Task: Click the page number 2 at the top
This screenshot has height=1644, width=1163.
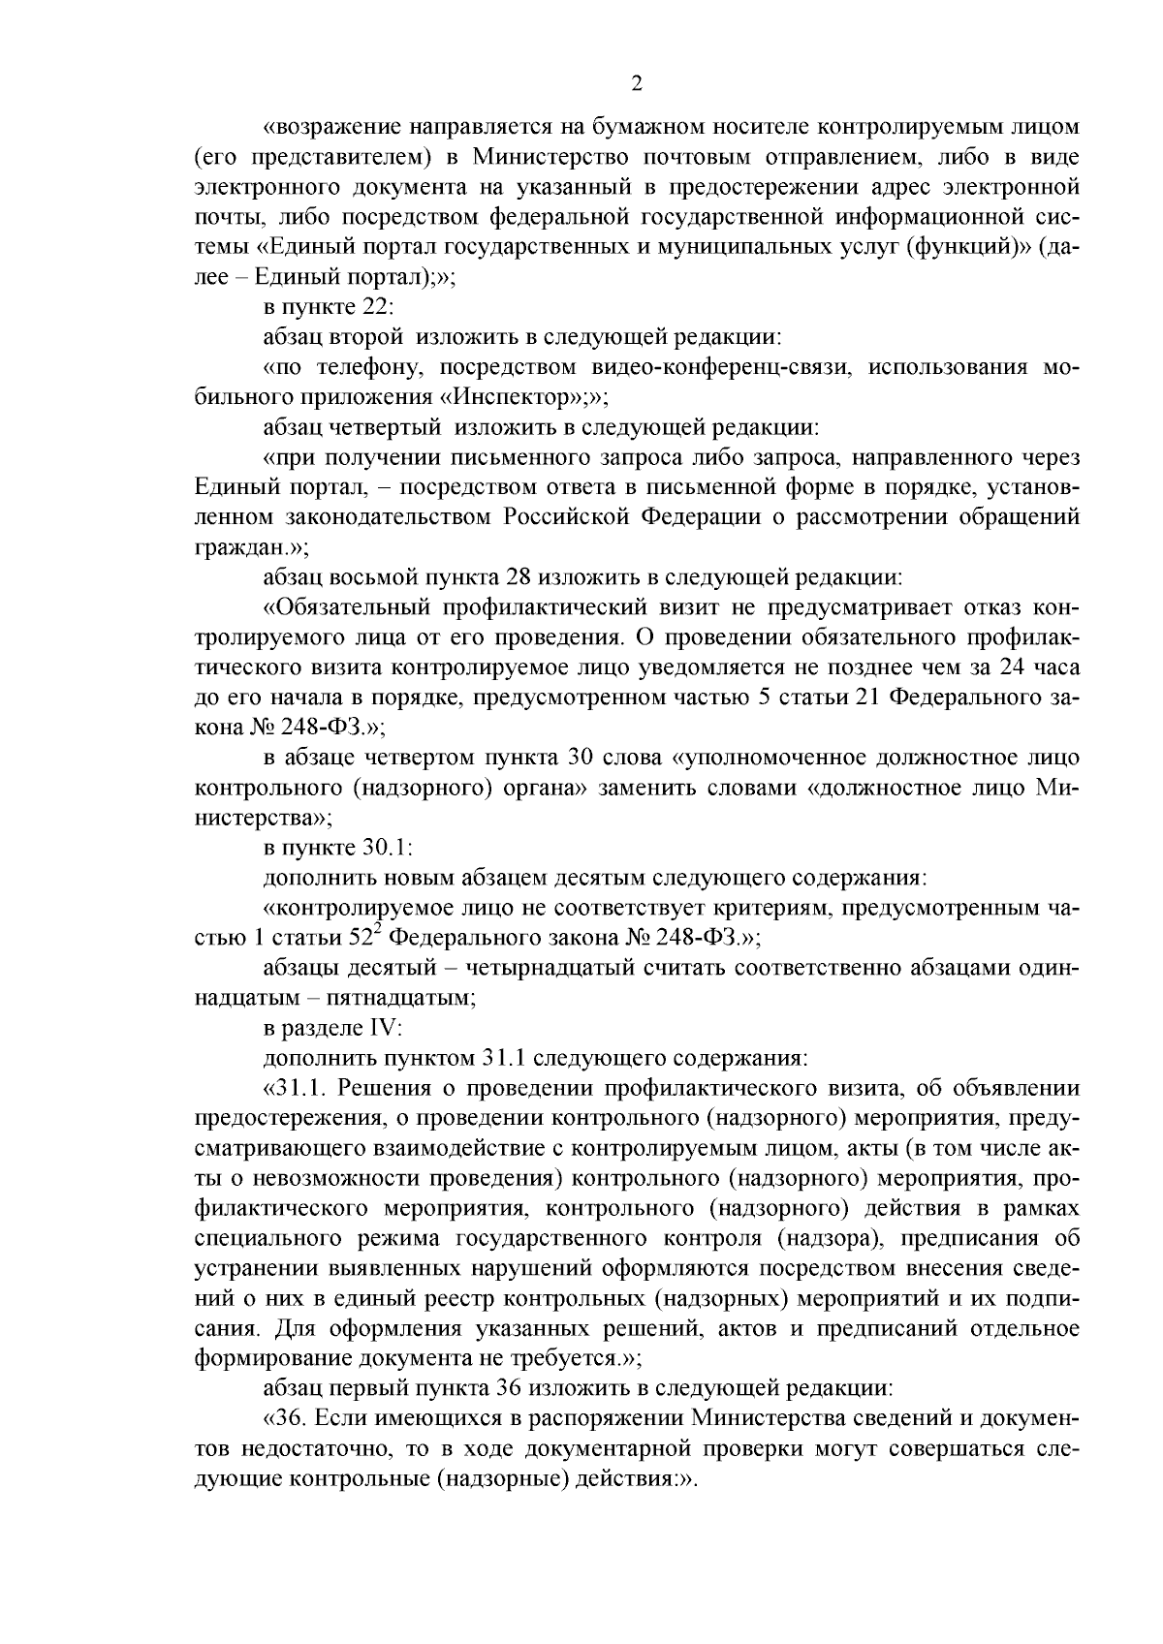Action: tap(637, 84)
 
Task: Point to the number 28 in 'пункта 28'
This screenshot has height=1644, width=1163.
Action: tap(519, 577)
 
